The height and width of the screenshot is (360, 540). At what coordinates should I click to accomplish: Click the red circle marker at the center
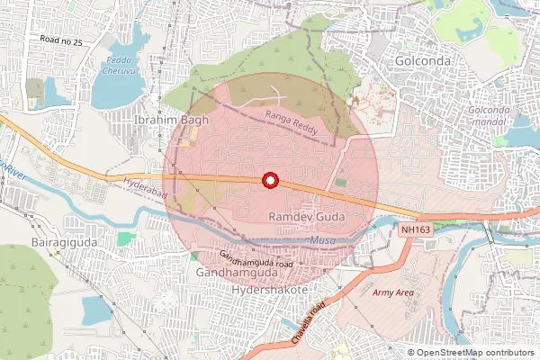point(269,180)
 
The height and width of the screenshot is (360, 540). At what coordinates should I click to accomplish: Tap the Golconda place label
point(419,60)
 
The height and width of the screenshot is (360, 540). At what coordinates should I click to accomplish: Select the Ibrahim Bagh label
point(170,120)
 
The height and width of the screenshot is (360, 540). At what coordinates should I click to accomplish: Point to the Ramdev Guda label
point(303,218)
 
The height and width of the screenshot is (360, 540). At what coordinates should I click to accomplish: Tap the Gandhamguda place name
point(235,272)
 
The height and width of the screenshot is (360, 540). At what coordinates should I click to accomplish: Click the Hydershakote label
point(269,292)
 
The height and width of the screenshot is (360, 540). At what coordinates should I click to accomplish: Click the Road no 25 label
point(61,40)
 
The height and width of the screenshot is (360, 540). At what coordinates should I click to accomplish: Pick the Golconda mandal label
point(490,114)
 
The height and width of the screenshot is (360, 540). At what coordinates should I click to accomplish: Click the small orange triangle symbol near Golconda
point(356,98)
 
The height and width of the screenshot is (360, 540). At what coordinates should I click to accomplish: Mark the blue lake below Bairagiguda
point(94,310)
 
